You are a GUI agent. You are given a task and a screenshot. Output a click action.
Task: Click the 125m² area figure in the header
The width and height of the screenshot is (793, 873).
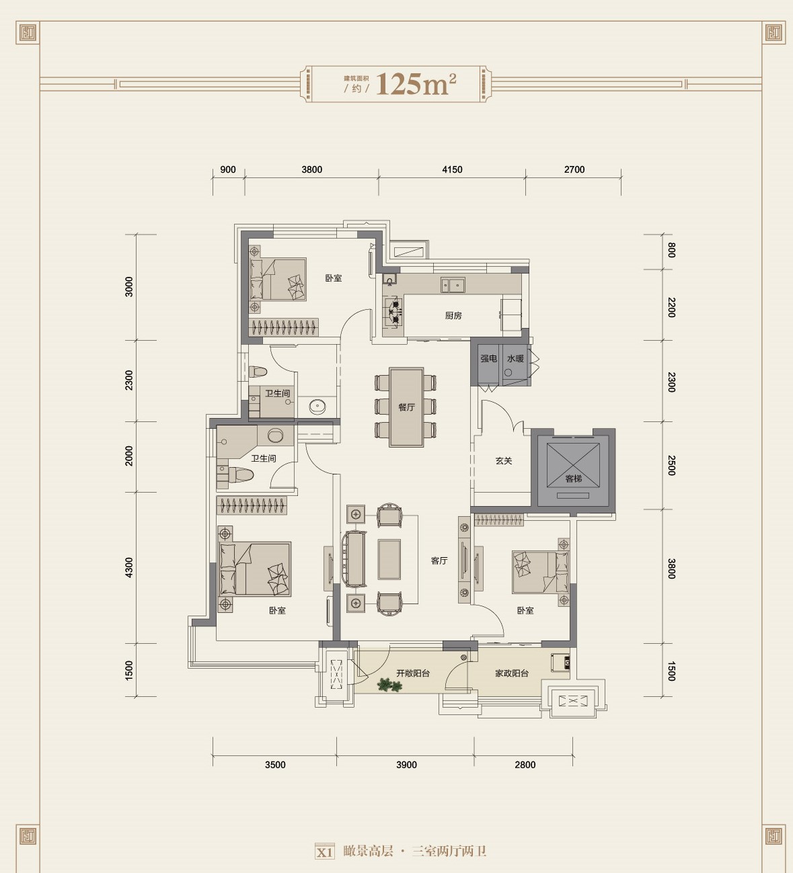(416, 84)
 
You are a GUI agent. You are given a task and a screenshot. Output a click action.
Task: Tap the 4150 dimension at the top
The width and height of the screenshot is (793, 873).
(452, 170)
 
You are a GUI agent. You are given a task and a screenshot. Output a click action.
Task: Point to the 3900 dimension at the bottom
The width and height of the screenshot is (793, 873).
(406, 765)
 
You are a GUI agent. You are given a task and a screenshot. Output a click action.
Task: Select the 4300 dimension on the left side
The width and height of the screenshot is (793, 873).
(129, 567)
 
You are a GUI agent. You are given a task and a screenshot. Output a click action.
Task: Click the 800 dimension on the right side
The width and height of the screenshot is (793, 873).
(671, 250)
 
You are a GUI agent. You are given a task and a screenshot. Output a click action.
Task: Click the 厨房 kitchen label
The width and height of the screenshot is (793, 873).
(453, 315)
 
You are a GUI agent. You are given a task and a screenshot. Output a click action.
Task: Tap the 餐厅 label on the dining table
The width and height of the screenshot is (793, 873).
(406, 407)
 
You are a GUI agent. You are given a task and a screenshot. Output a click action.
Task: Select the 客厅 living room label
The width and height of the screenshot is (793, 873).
(439, 560)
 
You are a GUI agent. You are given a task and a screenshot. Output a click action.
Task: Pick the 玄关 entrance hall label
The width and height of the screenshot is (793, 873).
(504, 460)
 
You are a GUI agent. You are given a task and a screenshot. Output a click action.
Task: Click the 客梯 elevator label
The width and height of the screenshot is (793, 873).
(574, 479)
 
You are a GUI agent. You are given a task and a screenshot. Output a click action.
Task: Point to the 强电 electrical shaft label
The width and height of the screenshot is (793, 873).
(488, 359)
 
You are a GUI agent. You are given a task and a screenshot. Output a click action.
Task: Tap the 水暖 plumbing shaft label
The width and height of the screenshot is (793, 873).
(515, 359)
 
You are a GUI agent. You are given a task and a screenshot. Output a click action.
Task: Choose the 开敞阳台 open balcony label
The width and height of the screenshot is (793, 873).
(413, 673)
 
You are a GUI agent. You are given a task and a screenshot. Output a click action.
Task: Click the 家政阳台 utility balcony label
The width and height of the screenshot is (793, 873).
(512, 673)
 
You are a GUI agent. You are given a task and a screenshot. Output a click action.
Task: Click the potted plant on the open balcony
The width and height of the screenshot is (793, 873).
(389, 685)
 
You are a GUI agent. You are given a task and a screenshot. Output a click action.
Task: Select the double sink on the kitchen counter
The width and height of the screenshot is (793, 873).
(453, 285)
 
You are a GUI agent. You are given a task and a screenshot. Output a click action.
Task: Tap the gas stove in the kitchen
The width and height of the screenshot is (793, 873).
(393, 312)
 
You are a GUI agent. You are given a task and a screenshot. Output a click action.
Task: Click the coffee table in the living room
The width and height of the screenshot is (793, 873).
(389, 559)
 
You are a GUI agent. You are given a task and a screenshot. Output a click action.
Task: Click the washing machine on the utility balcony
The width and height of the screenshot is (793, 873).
(560, 663)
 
